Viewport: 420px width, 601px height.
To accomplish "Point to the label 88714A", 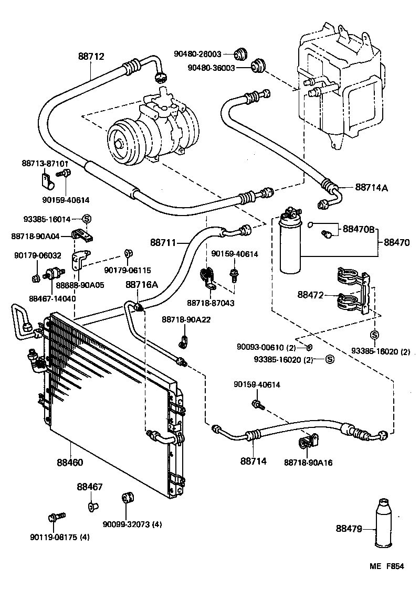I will pos(371,187).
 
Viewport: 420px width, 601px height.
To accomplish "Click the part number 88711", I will pos(162,242).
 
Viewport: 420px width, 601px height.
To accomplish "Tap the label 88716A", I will pos(141,284).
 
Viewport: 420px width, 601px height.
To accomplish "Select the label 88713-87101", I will pos(45,163).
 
